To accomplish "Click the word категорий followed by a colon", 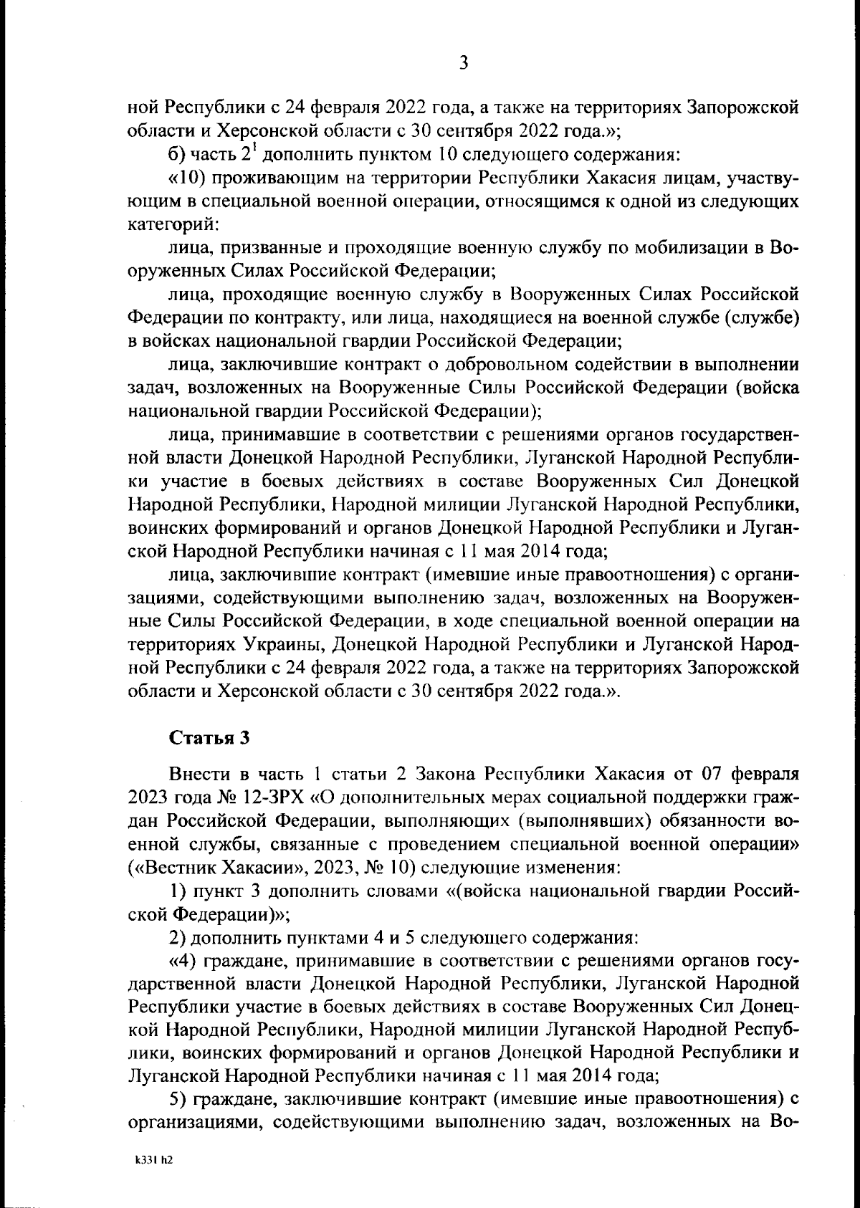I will [170, 225].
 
